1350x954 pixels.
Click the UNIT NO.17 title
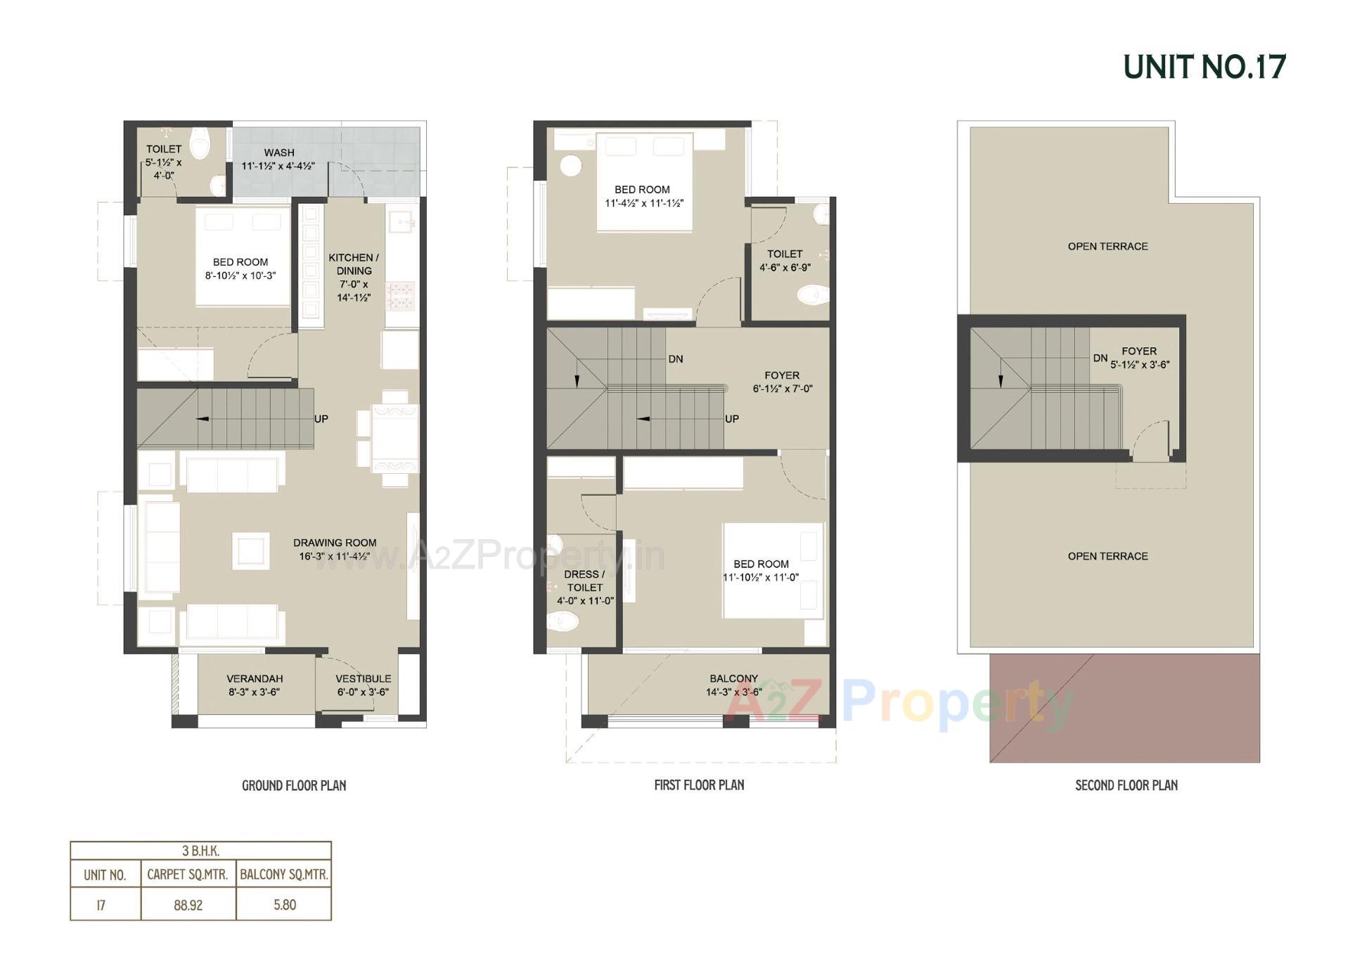[1204, 67]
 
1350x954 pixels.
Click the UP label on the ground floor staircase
[321, 419]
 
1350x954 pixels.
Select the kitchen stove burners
[401, 295]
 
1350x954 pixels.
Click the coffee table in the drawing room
[251, 550]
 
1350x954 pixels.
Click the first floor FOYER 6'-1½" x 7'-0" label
[782, 382]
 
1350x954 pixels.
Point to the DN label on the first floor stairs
[676, 359]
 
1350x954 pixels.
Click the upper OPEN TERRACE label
[1107, 246]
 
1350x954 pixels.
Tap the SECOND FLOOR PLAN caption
[1126, 785]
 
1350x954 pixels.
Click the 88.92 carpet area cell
[188, 905]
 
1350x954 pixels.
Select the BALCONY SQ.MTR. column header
[284, 875]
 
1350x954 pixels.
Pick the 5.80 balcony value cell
[285, 905]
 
